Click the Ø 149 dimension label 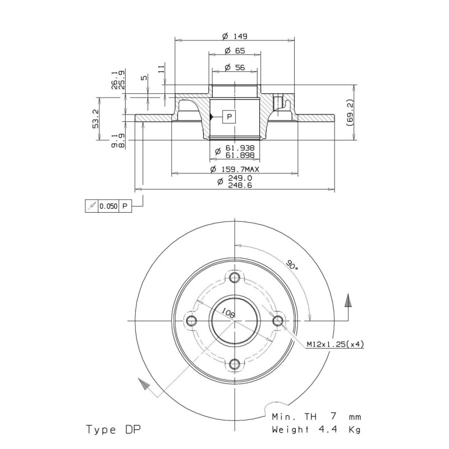pyautogui.click(x=235, y=36)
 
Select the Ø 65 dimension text pyautogui.click(x=235, y=51)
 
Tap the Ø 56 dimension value pyautogui.click(x=235, y=67)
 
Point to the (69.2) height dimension pyautogui.click(x=350, y=113)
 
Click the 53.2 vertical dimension pyautogui.click(x=95, y=118)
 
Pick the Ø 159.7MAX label pyautogui.click(x=235, y=169)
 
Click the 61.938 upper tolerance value pyautogui.click(x=240, y=148)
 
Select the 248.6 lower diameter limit pyautogui.click(x=240, y=185)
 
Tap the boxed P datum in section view pyautogui.click(x=229, y=117)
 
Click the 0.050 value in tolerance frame pyautogui.click(x=108, y=206)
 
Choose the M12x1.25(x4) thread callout pyautogui.click(x=335, y=344)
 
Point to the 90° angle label pyautogui.click(x=292, y=264)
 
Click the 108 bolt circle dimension pyautogui.click(x=228, y=313)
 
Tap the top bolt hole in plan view pyautogui.click(x=235, y=277)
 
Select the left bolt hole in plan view pyautogui.click(x=191, y=320)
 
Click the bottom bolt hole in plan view pyautogui.click(x=235, y=364)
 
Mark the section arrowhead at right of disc pyautogui.click(x=348, y=301)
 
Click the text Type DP pyautogui.click(x=114, y=429)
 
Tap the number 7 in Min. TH pyautogui.click(x=333, y=416)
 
